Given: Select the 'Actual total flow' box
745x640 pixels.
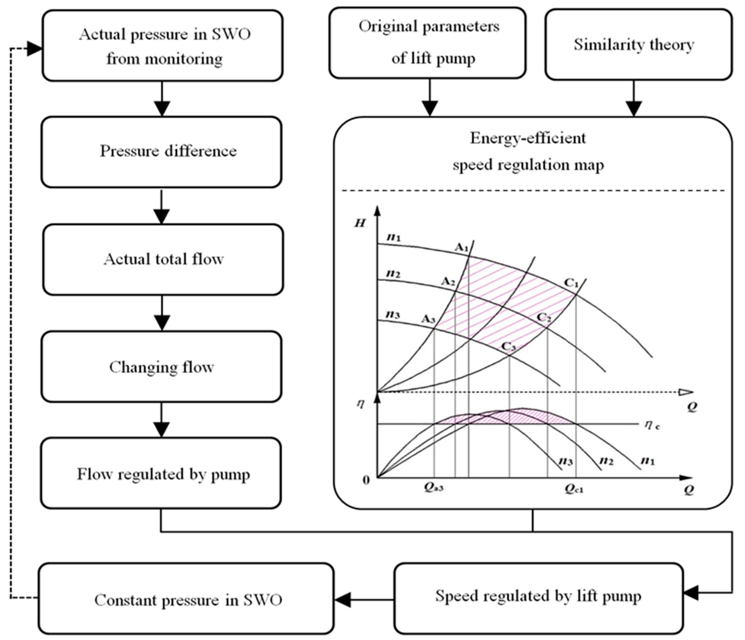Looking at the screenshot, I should [163, 259].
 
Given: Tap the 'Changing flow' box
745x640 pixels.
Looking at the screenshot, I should [161, 367].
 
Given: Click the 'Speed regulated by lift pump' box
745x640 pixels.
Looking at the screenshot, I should [538, 596].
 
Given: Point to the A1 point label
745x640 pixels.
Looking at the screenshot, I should [462, 247].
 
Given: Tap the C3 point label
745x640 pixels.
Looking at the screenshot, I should [508, 346].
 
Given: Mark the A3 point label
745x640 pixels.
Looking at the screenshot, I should [428, 319].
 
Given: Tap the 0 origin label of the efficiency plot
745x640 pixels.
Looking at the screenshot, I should [366, 480].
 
